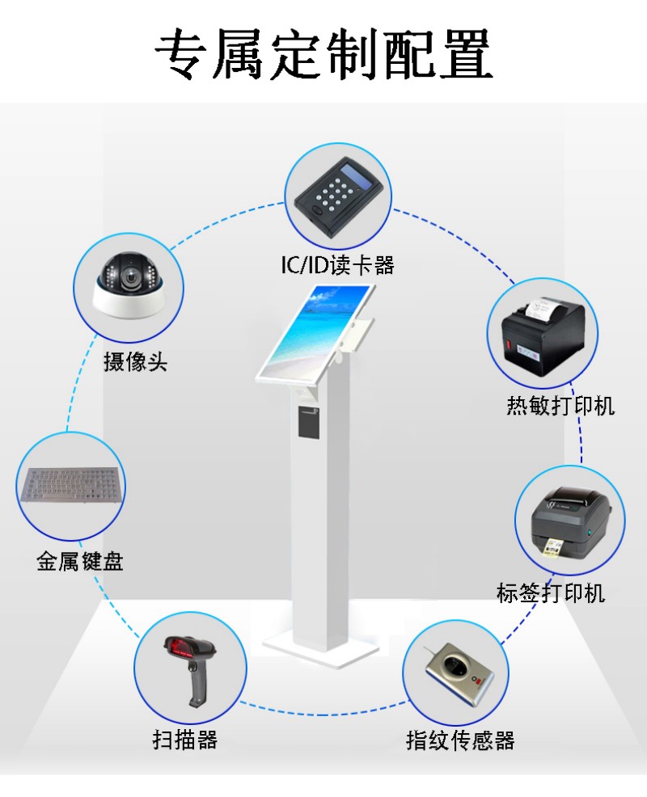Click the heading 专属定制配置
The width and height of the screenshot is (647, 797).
(x=323, y=54)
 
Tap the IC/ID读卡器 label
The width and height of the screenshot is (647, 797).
(x=337, y=265)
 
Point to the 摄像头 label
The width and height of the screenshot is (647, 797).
(x=135, y=361)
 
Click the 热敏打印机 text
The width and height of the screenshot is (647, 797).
(x=560, y=405)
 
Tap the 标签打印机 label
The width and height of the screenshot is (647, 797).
(x=551, y=593)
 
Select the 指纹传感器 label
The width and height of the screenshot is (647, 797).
(x=460, y=740)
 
